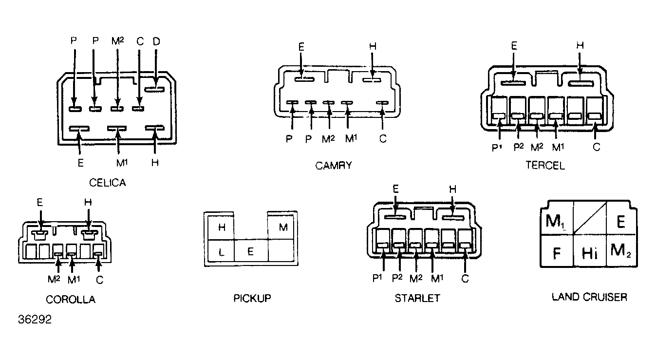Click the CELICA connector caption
(108, 183)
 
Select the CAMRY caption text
(334, 166)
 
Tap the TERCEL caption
(545, 166)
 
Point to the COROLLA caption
(71, 300)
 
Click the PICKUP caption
(252, 298)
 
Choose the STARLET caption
(417, 298)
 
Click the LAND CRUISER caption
(589, 297)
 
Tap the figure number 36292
(35, 319)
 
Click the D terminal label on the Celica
(156, 41)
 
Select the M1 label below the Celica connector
(122, 163)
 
